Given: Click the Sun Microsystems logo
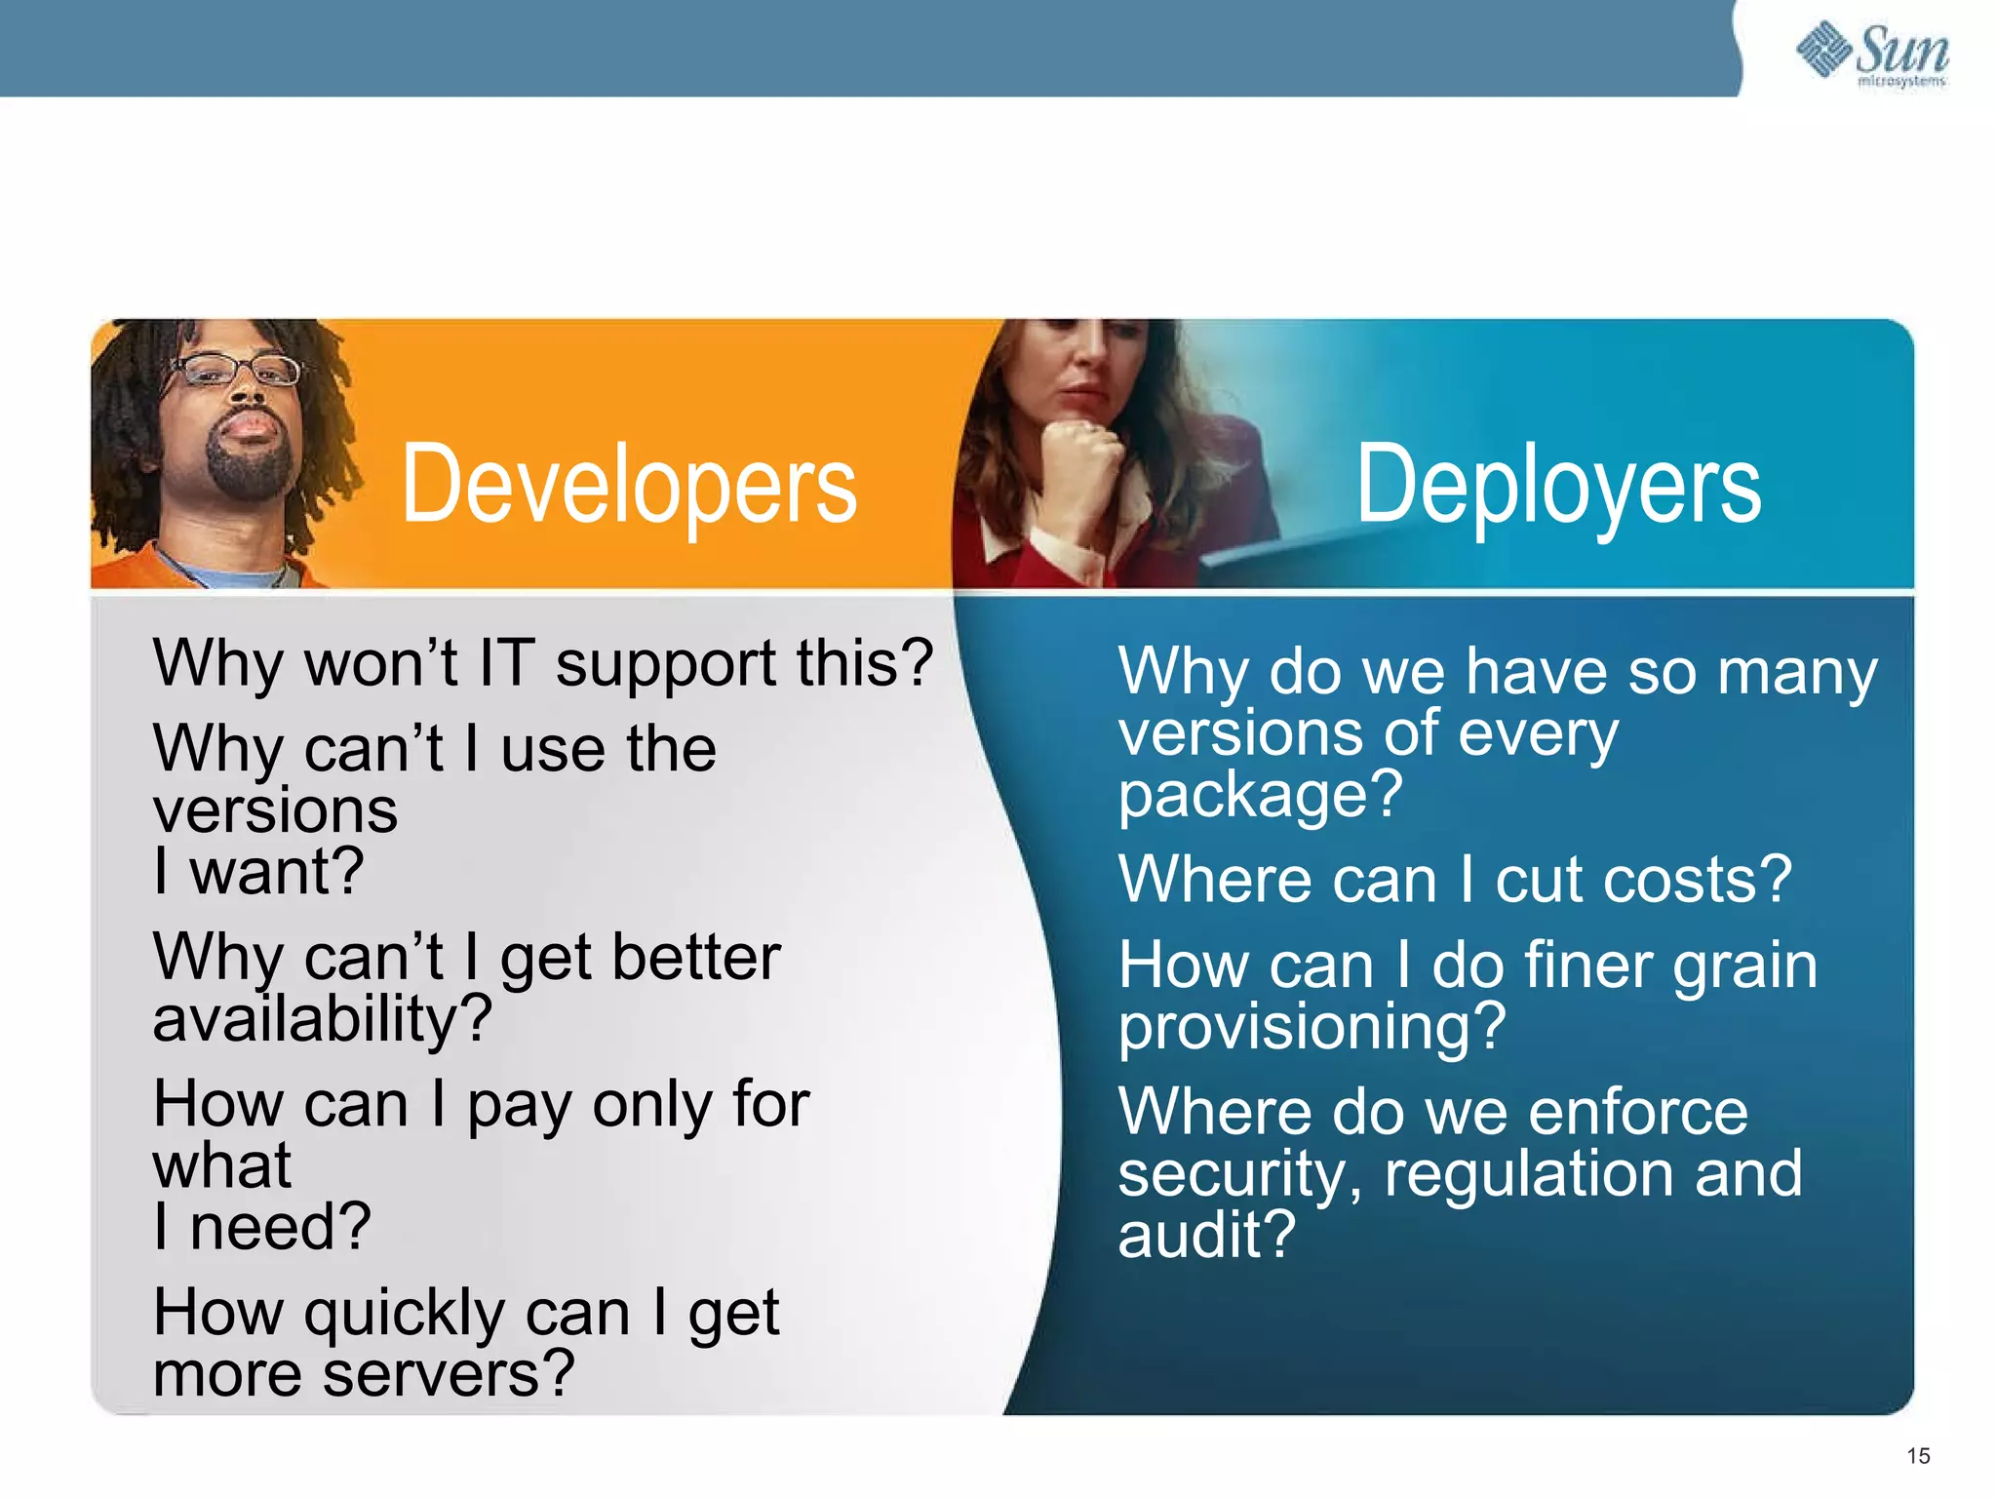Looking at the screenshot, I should [x=1872, y=54].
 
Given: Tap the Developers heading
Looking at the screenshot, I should [x=629, y=485].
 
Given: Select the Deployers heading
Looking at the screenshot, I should [x=1558, y=485].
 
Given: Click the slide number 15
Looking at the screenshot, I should [x=1918, y=1456].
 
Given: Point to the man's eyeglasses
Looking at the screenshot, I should [x=238, y=370].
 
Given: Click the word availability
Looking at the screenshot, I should [x=322, y=1019].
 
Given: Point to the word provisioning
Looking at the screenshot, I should [x=1312, y=1028].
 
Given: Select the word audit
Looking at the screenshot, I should [x=1206, y=1235].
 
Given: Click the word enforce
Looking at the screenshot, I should [x=1638, y=1112].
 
